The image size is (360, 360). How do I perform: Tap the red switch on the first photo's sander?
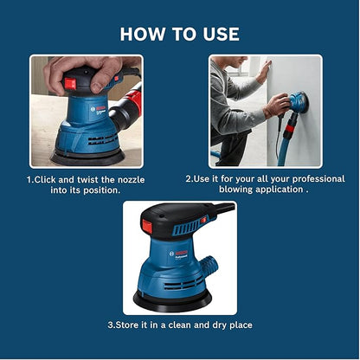click(70, 84)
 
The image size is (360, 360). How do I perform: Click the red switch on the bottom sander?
click(147, 227)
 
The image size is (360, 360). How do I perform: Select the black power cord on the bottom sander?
click(224, 209)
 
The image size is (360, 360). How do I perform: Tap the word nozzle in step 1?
click(124, 178)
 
